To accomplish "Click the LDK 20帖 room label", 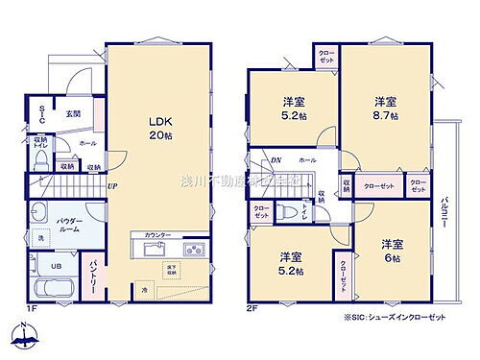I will pos(158,129).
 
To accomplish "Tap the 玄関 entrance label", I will pos(73,114).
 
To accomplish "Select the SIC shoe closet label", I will pos(42,112).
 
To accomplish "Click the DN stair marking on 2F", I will pos(276,159).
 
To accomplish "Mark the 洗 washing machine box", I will pos(40,238).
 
